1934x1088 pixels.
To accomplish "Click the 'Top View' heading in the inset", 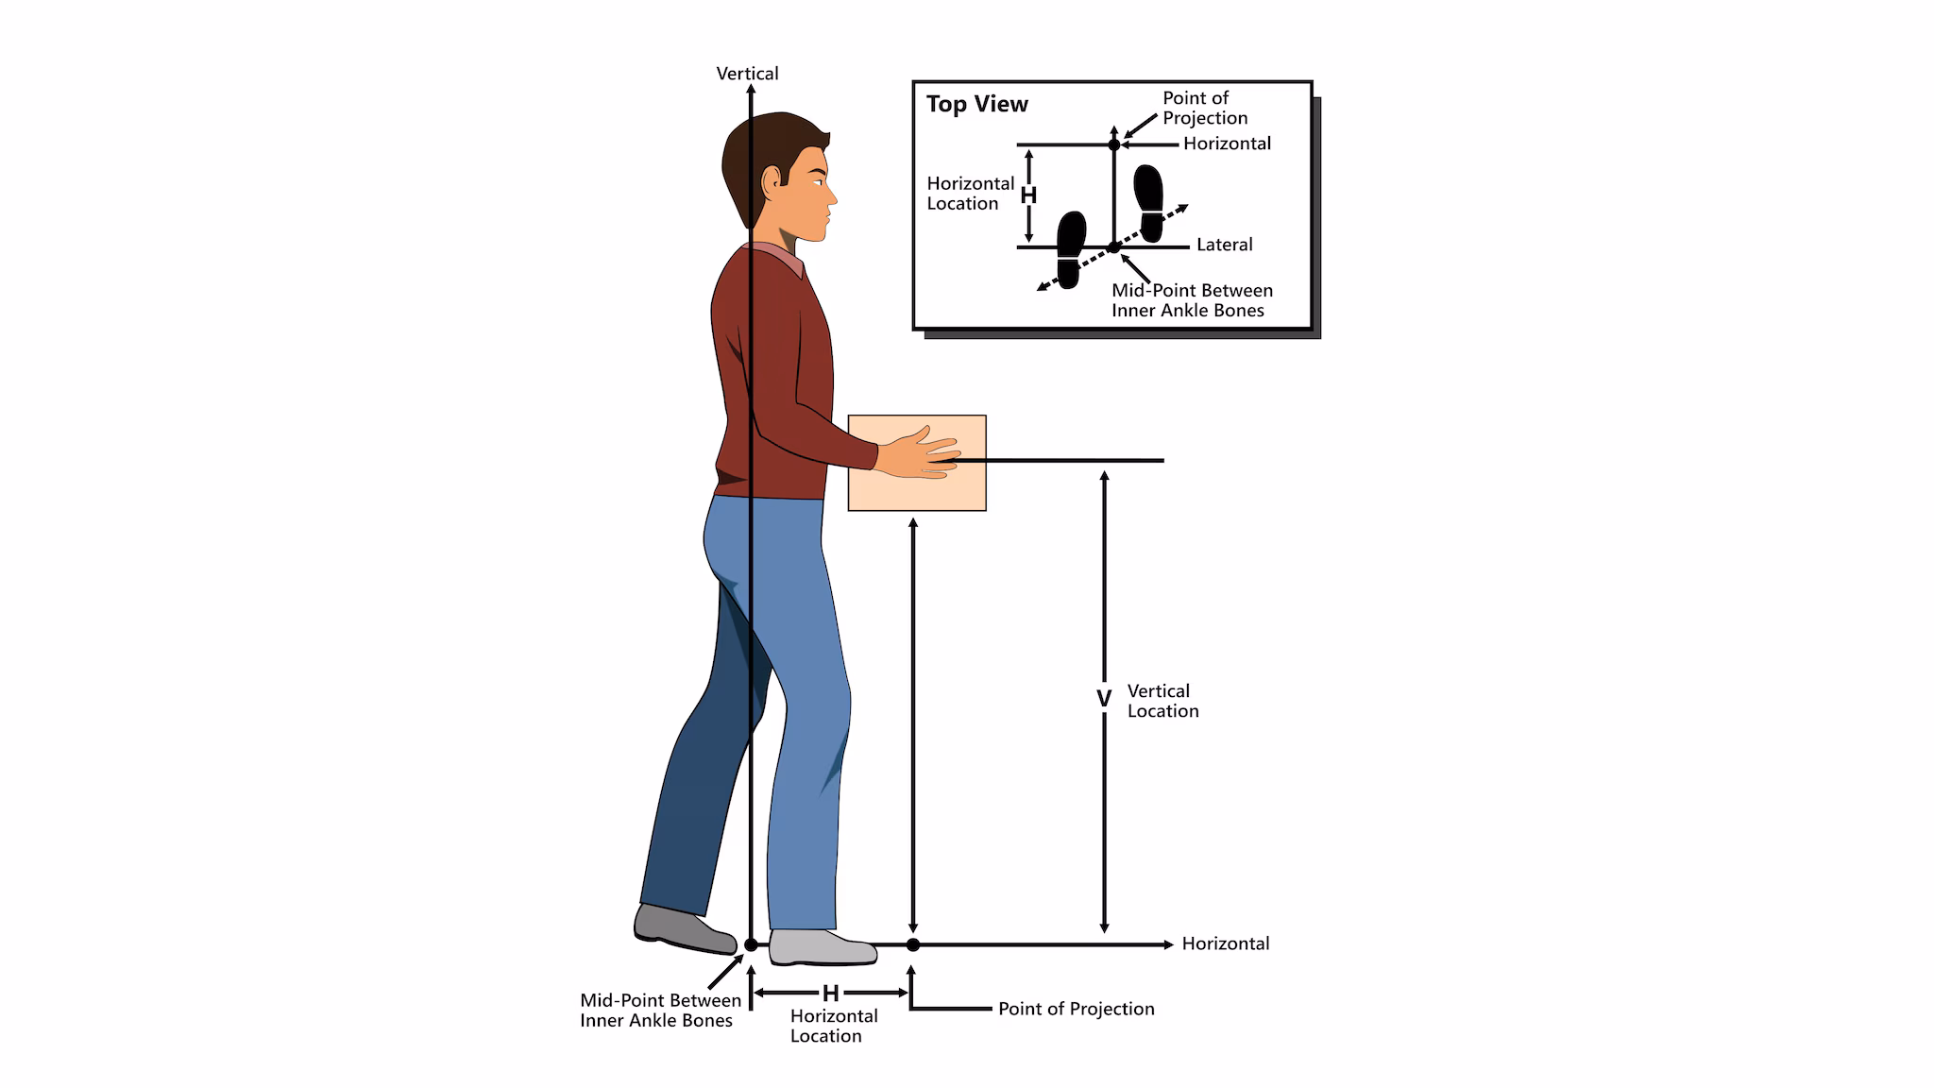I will point(976,104).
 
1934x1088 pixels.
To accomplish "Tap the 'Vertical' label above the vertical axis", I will point(747,74).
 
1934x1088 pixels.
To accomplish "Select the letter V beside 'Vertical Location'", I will point(1103,699).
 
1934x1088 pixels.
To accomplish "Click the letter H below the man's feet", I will point(830,993).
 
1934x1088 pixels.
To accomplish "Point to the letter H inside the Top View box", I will point(1028,195).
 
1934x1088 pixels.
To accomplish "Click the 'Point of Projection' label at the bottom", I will point(1076,1009).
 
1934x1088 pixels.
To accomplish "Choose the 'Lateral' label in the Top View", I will point(1224,245).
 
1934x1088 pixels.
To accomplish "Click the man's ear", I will point(772,178).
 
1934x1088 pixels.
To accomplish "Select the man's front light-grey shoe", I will point(822,947).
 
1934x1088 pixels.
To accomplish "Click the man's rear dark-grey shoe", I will point(683,928).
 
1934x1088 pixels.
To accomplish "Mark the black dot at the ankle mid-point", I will point(751,944).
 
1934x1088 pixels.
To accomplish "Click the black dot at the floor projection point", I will point(912,944).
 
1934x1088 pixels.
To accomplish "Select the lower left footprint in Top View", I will point(1070,248).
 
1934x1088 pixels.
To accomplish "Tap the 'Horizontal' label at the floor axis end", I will point(1225,943).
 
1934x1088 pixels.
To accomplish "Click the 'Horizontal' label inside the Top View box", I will point(1227,144).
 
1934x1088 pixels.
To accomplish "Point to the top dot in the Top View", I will point(1114,144).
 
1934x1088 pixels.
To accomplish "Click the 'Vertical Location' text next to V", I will point(1162,701).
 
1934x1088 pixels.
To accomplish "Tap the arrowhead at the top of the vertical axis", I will point(751,89).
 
